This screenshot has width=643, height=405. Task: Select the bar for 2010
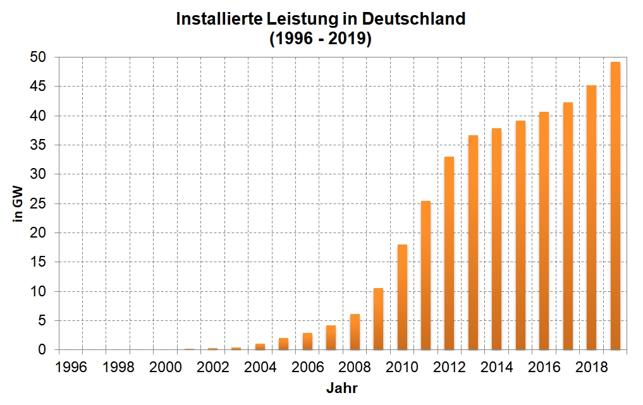coord(402,297)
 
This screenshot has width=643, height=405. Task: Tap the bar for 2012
coord(450,253)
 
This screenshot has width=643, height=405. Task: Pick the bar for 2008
coord(355,332)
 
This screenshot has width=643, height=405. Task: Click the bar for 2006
coord(307,341)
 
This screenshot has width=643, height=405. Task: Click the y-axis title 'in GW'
coord(18,203)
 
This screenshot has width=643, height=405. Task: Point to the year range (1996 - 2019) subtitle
coord(321,39)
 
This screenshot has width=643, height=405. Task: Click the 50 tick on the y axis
coord(39,57)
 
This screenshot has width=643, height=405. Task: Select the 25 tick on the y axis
coord(39,203)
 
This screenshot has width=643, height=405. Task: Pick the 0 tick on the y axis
coord(42,350)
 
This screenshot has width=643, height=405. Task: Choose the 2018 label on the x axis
coord(591,366)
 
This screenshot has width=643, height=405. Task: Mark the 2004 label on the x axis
coord(259,366)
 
